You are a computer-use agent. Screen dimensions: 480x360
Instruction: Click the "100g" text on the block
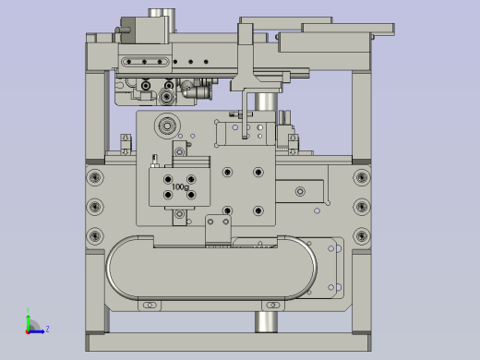(180, 186)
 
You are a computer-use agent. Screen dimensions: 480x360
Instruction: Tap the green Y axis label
(28, 310)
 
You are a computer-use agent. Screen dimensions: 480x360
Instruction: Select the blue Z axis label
(47, 329)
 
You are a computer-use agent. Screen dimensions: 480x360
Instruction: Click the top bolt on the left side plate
(95, 177)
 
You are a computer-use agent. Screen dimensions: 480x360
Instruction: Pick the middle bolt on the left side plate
(95, 207)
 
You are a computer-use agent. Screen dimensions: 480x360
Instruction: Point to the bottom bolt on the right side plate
(362, 236)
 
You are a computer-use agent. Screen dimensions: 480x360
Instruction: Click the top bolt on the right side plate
(362, 177)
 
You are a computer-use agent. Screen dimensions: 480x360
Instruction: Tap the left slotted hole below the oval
(150, 306)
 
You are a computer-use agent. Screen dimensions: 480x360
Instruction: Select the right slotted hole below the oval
(272, 306)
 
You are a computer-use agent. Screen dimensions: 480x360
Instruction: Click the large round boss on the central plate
(167, 126)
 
